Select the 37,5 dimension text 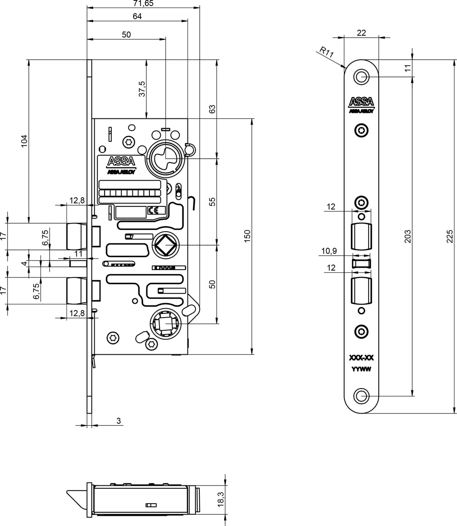point(143,89)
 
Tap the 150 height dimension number point(248,236)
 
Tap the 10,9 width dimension point(329,251)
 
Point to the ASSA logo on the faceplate point(361,102)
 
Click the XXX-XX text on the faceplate point(361,358)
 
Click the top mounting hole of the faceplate point(361,77)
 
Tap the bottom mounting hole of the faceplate point(361,396)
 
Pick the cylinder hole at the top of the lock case point(165,158)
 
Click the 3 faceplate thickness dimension point(118,421)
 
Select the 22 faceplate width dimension point(361,33)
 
